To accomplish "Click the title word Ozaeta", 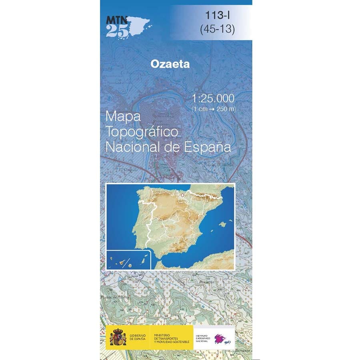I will tap(170, 64).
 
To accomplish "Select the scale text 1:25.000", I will tap(213, 99).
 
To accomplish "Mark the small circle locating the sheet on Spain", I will tap(182, 195).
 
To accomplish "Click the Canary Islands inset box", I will tap(128, 259).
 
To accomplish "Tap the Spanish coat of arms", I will tap(118, 336).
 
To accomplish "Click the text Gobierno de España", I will tap(138, 337).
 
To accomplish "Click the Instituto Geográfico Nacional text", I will tap(204, 337).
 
